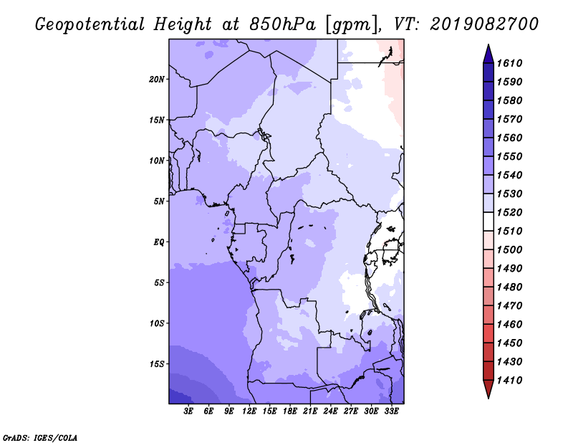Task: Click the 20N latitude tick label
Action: pos(157,80)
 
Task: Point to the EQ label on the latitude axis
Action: pos(158,242)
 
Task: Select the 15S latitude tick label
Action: pos(157,364)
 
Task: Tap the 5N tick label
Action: pos(159,201)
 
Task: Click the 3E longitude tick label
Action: pos(188,411)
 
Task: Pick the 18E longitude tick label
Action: pos(290,411)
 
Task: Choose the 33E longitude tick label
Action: pos(391,411)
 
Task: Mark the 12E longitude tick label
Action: pos(249,411)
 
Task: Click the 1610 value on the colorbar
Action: pos(509,63)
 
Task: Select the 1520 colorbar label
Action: pos(509,212)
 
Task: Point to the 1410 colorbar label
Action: pos(509,381)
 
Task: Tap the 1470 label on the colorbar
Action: pos(509,306)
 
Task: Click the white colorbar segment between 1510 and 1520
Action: pos(488,221)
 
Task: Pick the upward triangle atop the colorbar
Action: pos(488,54)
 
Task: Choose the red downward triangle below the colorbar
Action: pos(488,389)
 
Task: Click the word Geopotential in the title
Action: pos(90,24)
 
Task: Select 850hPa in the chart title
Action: pos(282,24)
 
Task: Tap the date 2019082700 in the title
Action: pos(484,24)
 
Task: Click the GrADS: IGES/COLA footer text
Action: pos(40,438)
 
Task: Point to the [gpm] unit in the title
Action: pos(352,25)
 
